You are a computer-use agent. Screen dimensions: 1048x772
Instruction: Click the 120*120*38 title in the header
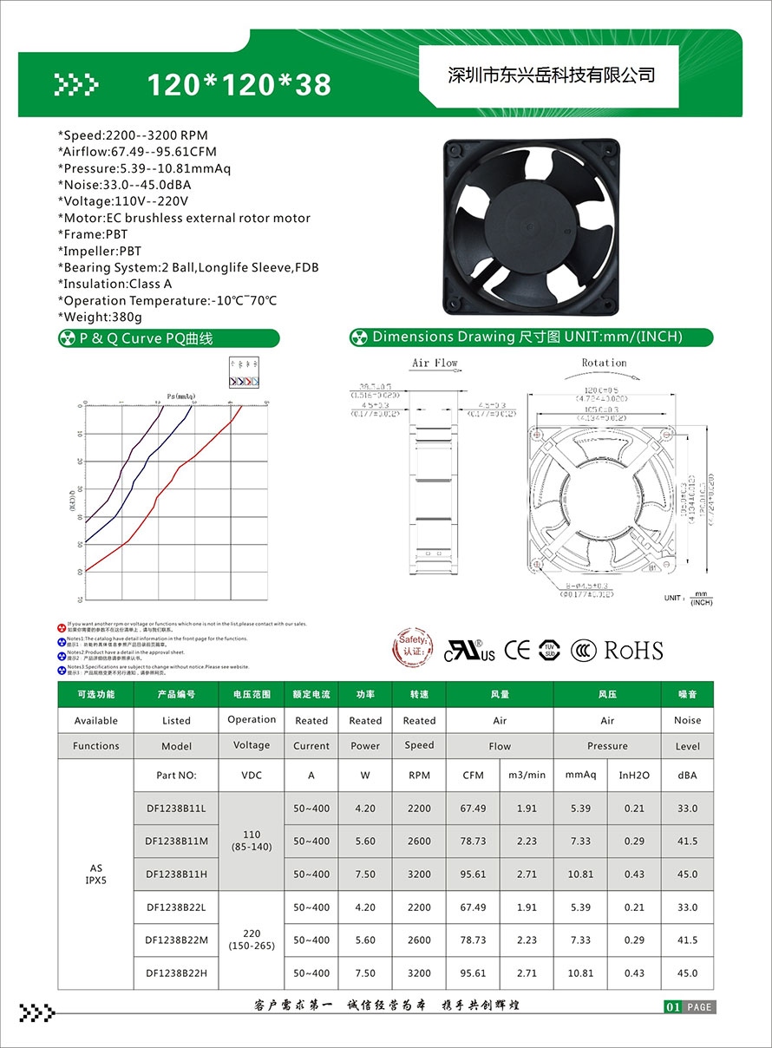[x=239, y=84]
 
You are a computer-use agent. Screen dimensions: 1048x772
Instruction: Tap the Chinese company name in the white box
[x=550, y=75]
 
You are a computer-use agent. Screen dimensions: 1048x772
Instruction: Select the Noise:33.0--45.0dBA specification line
[x=124, y=185]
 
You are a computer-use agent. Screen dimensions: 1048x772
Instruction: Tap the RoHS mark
[x=633, y=651]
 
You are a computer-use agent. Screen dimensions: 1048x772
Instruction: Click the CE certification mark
[x=517, y=650]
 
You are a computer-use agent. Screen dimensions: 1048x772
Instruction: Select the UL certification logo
[x=469, y=652]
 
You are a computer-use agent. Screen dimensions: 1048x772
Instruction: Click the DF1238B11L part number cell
[x=176, y=809]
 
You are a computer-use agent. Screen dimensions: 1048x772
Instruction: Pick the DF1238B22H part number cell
[x=176, y=973]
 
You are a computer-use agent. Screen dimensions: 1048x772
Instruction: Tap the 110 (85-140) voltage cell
[x=252, y=842]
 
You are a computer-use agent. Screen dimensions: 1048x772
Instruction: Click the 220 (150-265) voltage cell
[x=252, y=940]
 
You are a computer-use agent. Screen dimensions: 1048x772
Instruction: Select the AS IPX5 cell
[x=95, y=874]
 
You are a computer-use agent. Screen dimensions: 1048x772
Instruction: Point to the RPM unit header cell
[x=419, y=775]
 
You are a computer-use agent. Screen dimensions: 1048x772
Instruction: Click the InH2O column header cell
[x=634, y=775]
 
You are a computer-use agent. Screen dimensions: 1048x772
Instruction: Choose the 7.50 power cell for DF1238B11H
[x=365, y=874]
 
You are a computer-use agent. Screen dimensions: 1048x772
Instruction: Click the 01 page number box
[x=672, y=1007]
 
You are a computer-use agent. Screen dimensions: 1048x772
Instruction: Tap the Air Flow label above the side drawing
[x=435, y=363]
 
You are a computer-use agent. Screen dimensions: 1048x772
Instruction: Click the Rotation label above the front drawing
[x=604, y=363]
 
